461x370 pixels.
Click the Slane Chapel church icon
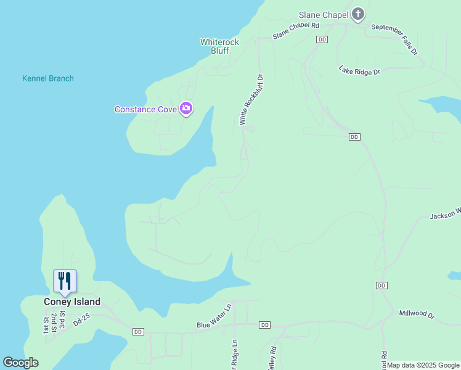tap(358, 15)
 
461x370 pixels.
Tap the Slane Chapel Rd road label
tap(296, 31)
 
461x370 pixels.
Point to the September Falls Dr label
tap(394, 39)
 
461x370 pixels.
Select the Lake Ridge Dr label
tap(359, 71)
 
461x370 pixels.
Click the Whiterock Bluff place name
tap(219, 46)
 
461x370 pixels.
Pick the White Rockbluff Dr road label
tap(251, 100)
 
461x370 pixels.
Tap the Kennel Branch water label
tap(48, 78)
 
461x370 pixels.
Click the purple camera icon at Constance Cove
tap(186, 109)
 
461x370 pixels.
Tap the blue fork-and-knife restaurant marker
tap(65, 282)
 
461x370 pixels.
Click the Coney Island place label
tap(72, 302)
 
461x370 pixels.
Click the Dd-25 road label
tap(82, 319)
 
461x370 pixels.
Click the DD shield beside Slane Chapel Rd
tap(322, 39)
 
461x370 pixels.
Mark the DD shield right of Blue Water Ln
tap(265, 325)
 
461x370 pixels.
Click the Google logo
tap(21, 363)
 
